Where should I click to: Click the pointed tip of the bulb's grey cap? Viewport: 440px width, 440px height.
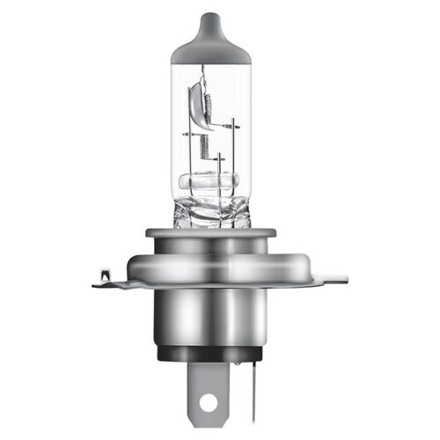tap(219, 15)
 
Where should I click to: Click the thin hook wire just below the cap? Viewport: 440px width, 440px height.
tap(206, 70)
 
